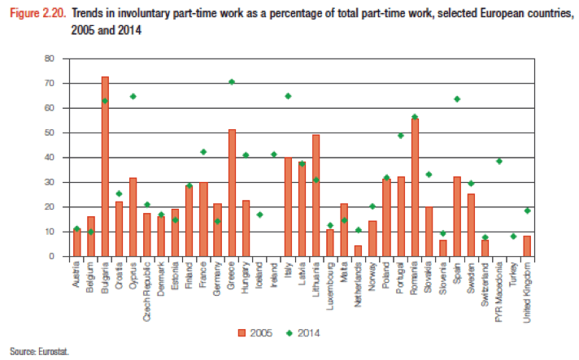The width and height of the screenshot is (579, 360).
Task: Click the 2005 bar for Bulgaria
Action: (x=105, y=167)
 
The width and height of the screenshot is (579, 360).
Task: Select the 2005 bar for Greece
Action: (x=232, y=193)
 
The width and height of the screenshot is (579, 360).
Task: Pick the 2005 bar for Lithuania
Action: (x=316, y=196)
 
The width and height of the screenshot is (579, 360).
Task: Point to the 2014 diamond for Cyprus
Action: (x=133, y=96)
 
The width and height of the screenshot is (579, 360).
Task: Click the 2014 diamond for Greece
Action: (x=232, y=81)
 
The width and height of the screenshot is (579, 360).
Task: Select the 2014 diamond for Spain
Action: (x=457, y=98)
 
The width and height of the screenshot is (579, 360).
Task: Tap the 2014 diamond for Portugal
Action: (x=401, y=135)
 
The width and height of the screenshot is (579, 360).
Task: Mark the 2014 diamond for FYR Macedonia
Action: (x=499, y=161)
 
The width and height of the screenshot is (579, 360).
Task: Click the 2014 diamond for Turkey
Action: (x=513, y=236)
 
